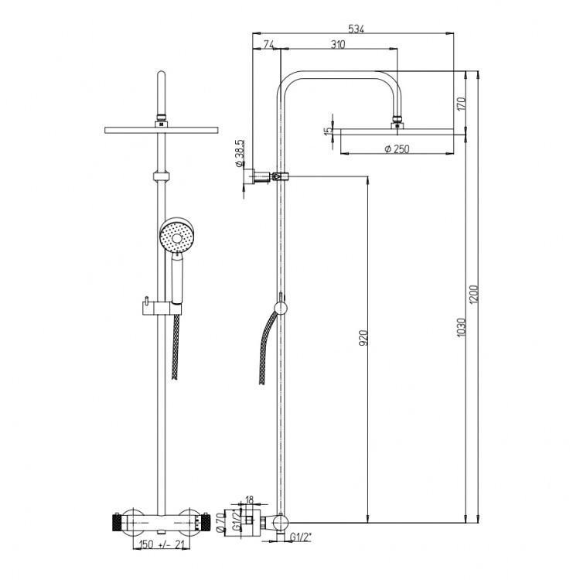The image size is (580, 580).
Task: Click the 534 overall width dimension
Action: (357, 29)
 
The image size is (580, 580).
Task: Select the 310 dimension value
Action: (338, 44)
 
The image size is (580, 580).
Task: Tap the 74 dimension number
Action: (268, 44)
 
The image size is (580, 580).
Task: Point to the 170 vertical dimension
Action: (461, 104)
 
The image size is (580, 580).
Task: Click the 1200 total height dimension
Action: (474, 295)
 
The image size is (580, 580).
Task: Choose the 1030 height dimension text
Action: (461, 327)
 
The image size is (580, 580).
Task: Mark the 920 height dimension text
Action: (363, 338)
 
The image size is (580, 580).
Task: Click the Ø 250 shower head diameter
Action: (397, 148)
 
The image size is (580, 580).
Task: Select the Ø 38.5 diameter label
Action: (239, 153)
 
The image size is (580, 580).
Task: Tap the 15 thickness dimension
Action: (328, 131)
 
